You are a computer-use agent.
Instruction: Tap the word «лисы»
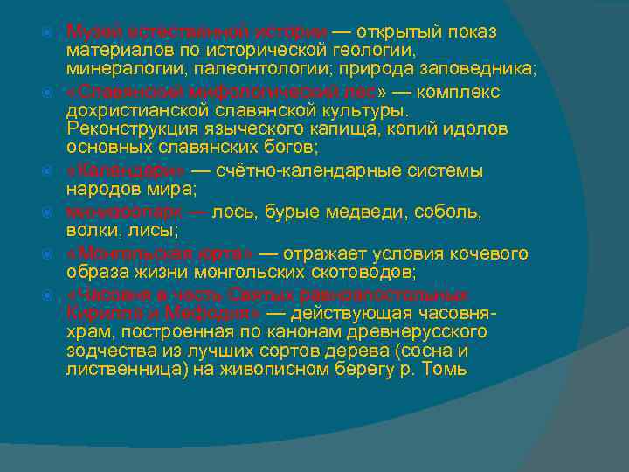pyautogui.click(x=158, y=230)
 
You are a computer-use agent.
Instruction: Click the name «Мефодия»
pyautogui.click(x=197, y=312)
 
